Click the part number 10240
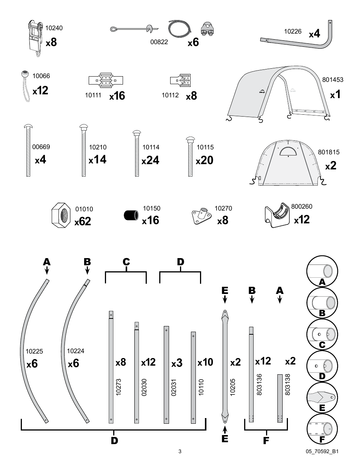pos(54,28)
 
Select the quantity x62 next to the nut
pos(83,221)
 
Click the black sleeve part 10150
pos(131,216)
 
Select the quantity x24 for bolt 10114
pos(150,160)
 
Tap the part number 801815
pos(328,152)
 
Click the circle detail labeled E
pos(322,398)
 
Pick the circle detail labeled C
pos(322,335)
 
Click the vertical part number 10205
pos(233,387)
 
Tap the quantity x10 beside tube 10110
pos(205,362)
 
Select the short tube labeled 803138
pos(280,398)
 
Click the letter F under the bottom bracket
pos(266,440)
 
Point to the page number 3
pos(180,451)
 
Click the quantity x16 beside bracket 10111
pos(117,96)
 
